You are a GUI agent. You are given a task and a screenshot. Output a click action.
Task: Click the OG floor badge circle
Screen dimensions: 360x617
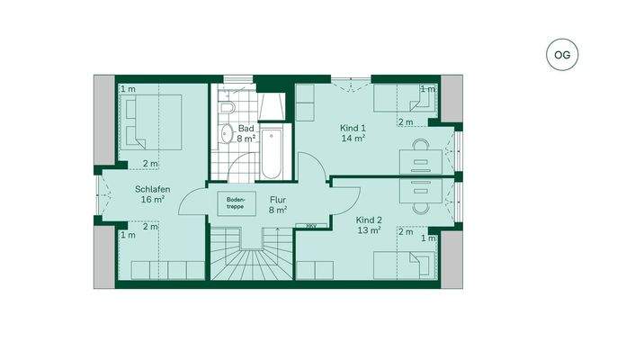561,55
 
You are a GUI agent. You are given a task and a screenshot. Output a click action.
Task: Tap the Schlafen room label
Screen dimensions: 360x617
153,189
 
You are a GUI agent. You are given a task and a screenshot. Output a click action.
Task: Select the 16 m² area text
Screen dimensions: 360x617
153,200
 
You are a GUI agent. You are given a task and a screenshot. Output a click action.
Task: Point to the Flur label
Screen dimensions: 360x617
277,199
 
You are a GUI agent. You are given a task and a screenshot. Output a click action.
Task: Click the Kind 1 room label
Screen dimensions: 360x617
352,129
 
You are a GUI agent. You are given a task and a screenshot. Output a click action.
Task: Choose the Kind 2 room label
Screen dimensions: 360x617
369,220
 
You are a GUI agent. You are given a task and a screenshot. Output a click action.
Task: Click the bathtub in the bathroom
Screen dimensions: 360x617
272,149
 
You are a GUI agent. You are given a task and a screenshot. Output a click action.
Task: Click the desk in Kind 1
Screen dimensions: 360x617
418,158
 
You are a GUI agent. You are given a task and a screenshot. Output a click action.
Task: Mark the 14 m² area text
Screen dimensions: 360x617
352,139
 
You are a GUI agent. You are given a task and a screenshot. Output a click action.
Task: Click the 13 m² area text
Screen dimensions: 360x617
369,230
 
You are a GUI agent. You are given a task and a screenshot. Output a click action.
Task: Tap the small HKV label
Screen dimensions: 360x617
311,226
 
